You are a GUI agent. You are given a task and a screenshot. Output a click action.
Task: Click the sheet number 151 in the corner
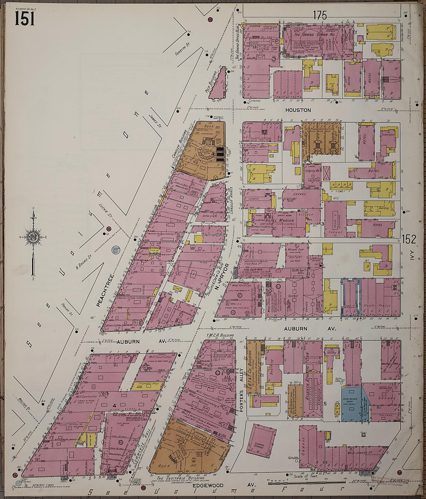tap(25, 18)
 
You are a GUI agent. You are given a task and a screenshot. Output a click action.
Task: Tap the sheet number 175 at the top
tap(320, 15)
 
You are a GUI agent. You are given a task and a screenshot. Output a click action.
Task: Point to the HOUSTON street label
tap(298, 110)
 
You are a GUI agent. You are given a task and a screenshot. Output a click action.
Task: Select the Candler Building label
tap(180, 144)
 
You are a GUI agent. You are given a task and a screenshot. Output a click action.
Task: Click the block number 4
tap(115, 405)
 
